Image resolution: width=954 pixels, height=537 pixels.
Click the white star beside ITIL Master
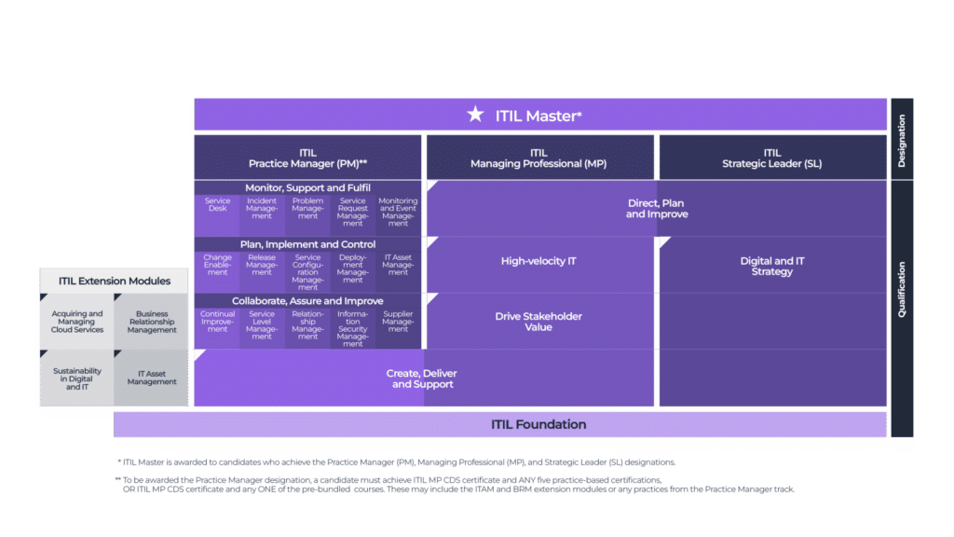tap(475, 115)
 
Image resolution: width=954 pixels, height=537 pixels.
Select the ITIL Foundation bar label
tap(538, 424)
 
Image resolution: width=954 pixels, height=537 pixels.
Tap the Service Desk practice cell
tap(217, 206)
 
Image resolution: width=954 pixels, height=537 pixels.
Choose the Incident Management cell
tap(262, 210)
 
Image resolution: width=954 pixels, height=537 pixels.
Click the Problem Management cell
tap(307, 210)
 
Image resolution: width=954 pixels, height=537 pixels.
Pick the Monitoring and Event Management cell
tap(398, 212)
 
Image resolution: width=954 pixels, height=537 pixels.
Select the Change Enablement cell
tap(217, 265)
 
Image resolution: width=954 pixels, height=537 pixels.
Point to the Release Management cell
tap(262, 265)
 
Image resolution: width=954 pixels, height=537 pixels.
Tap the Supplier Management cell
tap(398, 322)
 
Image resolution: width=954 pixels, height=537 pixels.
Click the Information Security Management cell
tap(353, 328)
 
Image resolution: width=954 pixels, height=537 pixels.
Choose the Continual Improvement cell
tap(217, 322)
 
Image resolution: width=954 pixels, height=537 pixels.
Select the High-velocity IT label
tap(538, 261)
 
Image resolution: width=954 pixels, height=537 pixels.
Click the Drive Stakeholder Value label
tap(538, 322)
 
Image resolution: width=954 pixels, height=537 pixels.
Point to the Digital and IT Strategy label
tap(771, 267)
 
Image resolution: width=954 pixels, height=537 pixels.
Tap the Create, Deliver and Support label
tap(421, 379)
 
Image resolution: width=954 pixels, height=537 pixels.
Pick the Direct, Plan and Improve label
tap(657, 209)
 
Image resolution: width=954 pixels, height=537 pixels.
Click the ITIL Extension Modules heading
tap(115, 281)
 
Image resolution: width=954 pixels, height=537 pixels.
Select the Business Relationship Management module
tap(152, 322)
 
